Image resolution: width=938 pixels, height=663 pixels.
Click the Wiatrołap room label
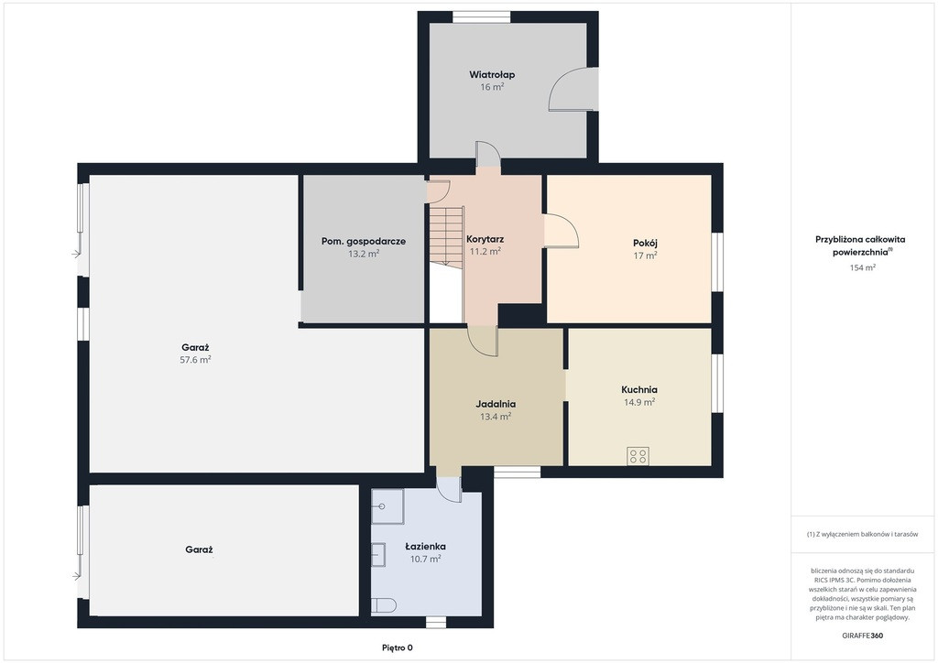pyautogui.click(x=492, y=75)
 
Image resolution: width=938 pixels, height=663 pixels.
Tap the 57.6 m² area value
pyautogui.click(x=196, y=359)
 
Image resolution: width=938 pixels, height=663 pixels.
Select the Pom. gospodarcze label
pyautogui.click(x=364, y=242)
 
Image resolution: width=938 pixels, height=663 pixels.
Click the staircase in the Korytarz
pyautogui.click(x=446, y=235)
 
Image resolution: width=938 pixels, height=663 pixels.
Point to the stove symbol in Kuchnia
pyautogui.click(x=638, y=456)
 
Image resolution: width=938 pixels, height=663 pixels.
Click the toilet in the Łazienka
pyautogui.click(x=384, y=605)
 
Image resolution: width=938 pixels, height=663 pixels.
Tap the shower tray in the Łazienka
pyautogui.click(x=387, y=506)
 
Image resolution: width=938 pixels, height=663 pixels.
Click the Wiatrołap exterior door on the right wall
pyautogui.click(x=573, y=89)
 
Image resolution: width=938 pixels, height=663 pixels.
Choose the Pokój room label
pyautogui.click(x=646, y=244)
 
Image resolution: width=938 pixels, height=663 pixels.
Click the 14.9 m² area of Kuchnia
pyautogui.click(x=639, y=402)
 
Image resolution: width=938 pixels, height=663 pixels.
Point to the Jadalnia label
pyautogui.click(x=496, y=404)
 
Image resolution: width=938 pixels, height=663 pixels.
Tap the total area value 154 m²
pyautogui.click(x=863, y=267)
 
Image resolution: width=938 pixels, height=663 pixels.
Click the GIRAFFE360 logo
pyautogui.click(x=862, y=636)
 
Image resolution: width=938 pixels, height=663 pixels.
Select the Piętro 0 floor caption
pyautogui.click(x=398, y=647)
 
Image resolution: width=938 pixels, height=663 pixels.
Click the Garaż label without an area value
pyautogui.click(x=199, y=549)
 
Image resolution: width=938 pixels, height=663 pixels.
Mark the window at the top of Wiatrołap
pyautogui.click(x=482, y=16)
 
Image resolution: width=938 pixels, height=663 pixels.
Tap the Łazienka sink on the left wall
pyautogui.click(x=378, y=555)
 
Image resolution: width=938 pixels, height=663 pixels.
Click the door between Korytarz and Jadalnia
pyautogui.click(x=483, y=342)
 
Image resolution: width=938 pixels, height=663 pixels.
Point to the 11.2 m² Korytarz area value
pyautogui.click(x=485, y=252)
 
